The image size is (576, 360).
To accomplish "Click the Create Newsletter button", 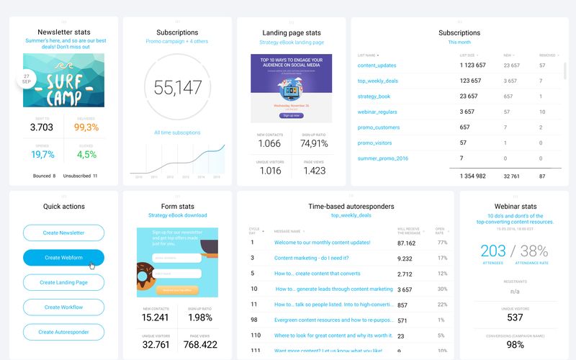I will pos(63,233).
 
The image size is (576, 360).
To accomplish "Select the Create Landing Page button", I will pos(63,282).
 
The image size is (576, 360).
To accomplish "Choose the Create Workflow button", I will pos(63,307).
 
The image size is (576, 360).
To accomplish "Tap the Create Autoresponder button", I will pos(63,332).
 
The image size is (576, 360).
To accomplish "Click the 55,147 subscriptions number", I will pos(177,88).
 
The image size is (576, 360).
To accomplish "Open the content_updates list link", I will pos(377,66).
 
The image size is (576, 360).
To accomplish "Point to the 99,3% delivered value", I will pos(86,127).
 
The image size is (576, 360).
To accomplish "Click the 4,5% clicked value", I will pos(86,154).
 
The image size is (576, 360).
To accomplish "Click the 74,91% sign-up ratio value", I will pos(313,143).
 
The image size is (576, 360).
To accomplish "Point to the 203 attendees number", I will pos(493,251).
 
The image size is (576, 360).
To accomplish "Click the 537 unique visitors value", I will pos(514,318).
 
